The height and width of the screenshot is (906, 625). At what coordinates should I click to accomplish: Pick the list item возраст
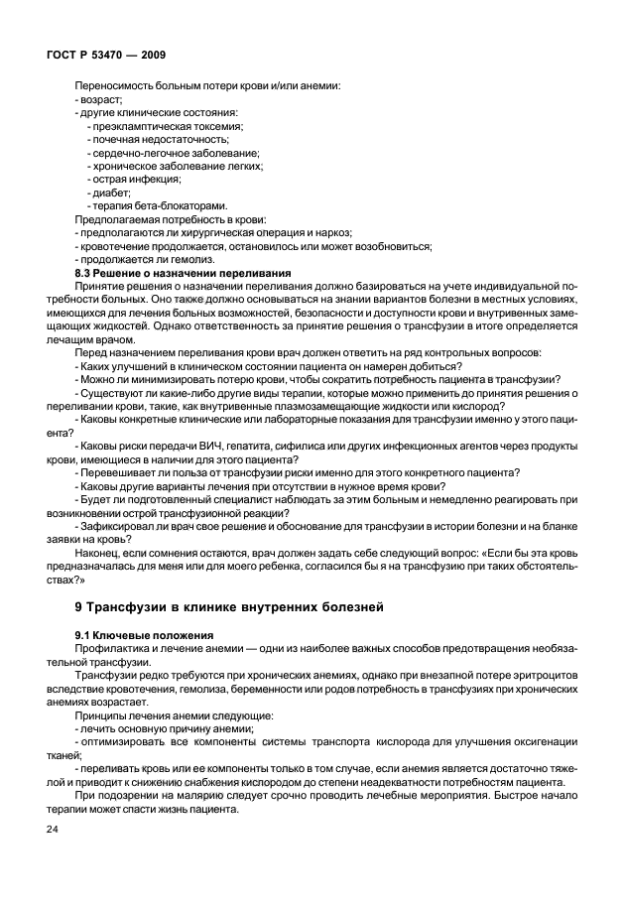click(x=99, y=99)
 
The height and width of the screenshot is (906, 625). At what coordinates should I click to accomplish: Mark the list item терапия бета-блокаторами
click(x=152, y=205)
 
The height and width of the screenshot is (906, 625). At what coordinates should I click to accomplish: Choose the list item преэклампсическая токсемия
click(x=168, y=126)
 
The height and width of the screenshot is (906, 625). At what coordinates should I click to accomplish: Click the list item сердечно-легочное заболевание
click(x=176, y=153)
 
